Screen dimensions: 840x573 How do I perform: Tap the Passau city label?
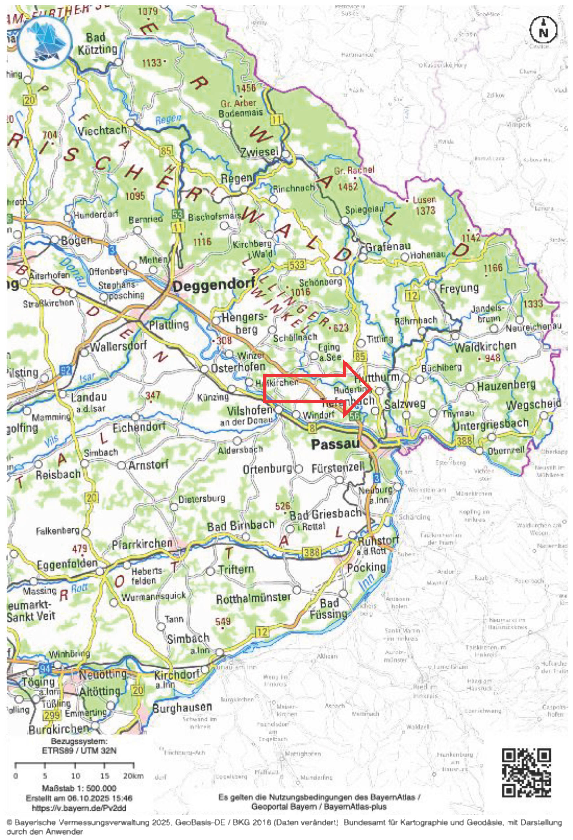335,444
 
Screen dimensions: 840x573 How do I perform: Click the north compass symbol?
543,31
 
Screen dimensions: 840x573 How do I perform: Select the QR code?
527,773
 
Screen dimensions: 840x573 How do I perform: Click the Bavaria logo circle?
43,38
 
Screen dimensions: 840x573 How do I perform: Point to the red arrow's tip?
372,389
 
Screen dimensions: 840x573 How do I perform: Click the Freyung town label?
459,288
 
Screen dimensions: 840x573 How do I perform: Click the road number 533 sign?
297,265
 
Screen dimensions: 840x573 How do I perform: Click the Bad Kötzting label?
97,43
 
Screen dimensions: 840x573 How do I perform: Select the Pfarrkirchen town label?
142,544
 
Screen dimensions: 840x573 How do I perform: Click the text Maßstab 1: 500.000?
79,788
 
